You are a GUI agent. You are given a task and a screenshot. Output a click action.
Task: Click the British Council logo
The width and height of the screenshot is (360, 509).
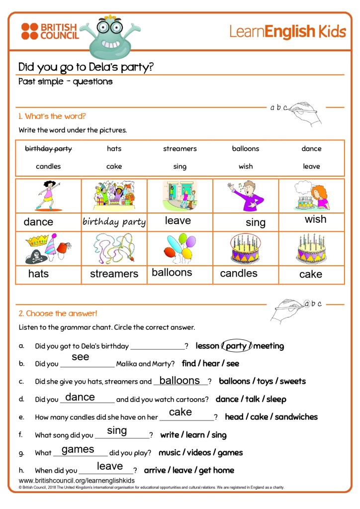click(x=50, y=31)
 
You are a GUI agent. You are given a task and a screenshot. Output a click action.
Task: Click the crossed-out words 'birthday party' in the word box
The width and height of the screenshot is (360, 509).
click(x=48, y=149)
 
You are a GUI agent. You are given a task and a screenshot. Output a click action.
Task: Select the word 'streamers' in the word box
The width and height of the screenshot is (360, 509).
click(x=180, y=149)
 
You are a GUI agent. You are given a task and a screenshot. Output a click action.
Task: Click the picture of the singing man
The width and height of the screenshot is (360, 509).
click(x=246, y=195)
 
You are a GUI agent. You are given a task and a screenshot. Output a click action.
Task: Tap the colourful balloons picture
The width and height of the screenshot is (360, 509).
click(x=180, y=247)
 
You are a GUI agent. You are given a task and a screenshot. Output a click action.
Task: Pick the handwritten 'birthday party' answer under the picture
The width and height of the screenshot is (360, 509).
click(x=114, y=222)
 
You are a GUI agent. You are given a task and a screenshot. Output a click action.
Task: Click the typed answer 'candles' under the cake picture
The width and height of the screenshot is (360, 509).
click(x=239, y=273)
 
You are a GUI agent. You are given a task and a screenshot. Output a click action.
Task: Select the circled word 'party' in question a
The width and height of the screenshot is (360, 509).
click(x=236, y=346)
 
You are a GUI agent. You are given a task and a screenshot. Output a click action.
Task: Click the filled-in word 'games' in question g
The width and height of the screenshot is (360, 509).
click(x=78, y=449)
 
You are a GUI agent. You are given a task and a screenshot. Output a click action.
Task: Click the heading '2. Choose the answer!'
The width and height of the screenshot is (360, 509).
click(x=58, y=313)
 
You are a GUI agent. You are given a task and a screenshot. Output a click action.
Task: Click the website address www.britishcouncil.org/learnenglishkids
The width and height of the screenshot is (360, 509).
click(x=77, y=481)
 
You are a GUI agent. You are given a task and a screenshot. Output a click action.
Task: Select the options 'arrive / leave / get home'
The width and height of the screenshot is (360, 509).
click(x=189, y=470)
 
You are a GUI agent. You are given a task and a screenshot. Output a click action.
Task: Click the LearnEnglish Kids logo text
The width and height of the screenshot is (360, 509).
click(x=287, y=31)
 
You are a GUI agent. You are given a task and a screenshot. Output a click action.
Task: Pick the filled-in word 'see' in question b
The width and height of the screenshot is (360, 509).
click(x=81, y=357)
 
